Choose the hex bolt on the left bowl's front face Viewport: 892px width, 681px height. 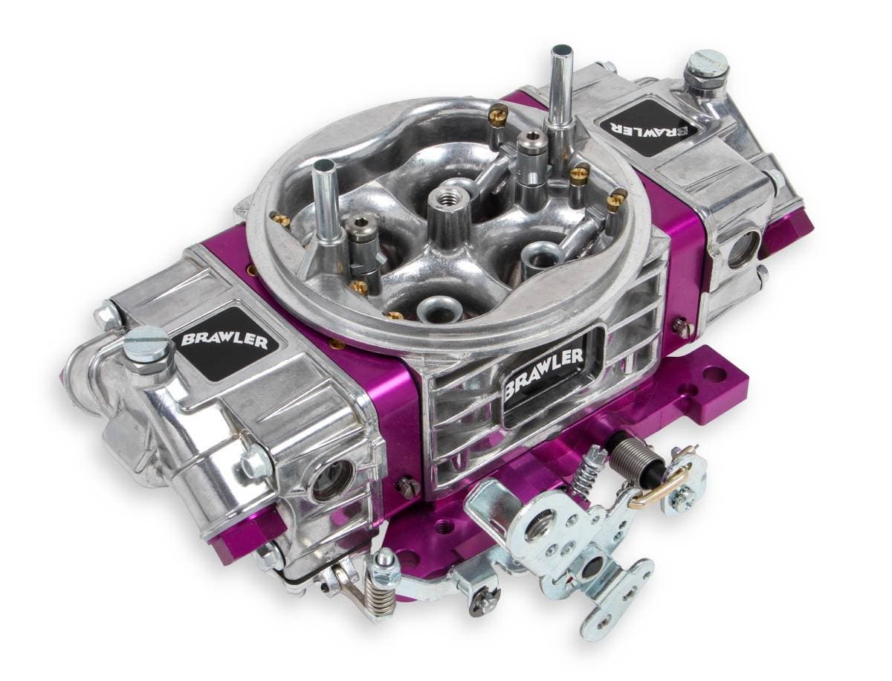pyautogui.click(x=256, y=463)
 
